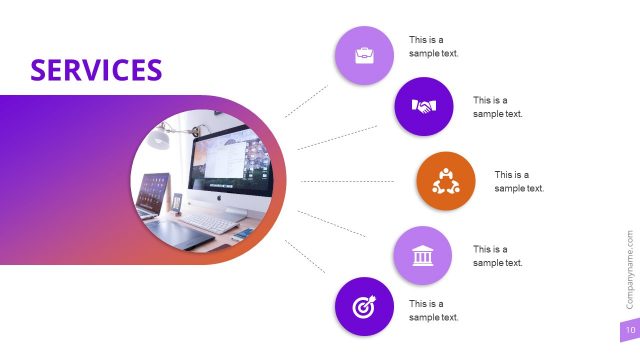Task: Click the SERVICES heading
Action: (x=96, y=69)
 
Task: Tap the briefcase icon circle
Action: (x=364, y=55)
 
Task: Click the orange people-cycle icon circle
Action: (x=445, y=181)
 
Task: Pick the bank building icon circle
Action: (x=424, y=256)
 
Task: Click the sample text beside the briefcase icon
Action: (x=433, y=46)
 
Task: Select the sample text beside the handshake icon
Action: (x=497, y=107)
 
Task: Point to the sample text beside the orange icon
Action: (x=519, y=181)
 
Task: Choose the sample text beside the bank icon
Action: (x=497, y=256)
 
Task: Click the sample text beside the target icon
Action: (x=433, y=310)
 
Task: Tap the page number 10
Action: (x=629, y=331)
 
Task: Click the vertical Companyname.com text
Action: (x=629, y=270)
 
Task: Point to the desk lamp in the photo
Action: (x=160, y=139)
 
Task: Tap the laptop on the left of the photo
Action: (x=152, y=194)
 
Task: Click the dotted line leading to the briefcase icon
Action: (x=306, y=101)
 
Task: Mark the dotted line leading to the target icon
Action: (x=306, y=257)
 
